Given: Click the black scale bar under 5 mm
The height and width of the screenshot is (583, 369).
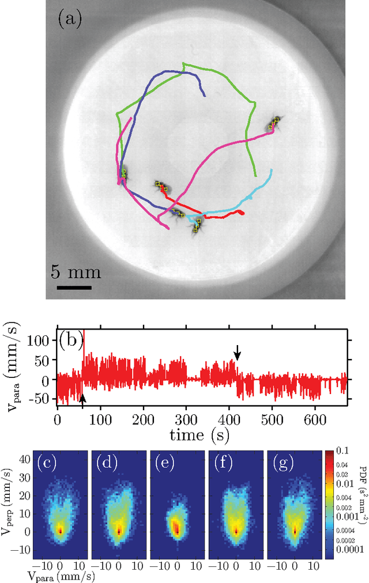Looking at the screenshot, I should point(74,286).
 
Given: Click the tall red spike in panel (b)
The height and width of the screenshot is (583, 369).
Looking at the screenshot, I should point(84,346).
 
